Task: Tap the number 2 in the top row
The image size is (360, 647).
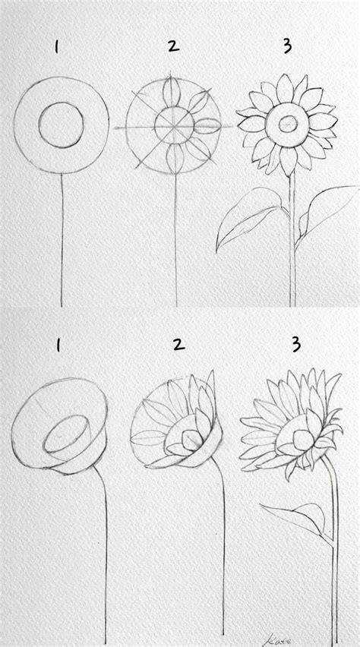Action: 173,47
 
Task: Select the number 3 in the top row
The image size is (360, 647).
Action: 286,47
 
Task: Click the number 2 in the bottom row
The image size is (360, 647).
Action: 178,346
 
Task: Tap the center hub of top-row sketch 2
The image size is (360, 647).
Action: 175,124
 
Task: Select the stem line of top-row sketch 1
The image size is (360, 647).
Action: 59,243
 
